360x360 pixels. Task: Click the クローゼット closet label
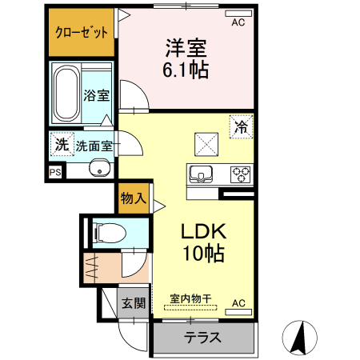pyautogui.click(x=81, y=34)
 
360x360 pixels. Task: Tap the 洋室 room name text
pyautogui.click(x=187, y=47)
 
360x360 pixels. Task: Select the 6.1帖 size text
pyautogui.click(x=187, y=71)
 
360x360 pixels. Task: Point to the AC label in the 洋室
pyautogui.click(x=238, y=22)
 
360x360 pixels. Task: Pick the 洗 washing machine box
pyautogui.click(x=62, y=145)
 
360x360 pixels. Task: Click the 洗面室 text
pyautogui.click(x=95, y=146)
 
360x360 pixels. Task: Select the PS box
pyautogui.click(x=55, y=171)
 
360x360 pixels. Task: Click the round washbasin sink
pyautogui.click(x=100, y=168)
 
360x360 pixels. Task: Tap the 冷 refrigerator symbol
pyautogui.click(x=241, y=126)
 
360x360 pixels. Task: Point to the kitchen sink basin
pyautogui.click(x=199, y=171)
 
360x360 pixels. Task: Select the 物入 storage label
pyautogui.click(x=133, y=198)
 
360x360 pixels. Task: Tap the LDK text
pyautogui.click(x=204, y=233)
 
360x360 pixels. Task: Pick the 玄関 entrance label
pyautogui.click(x=134, y=303)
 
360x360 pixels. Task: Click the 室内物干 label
pyautogui.click(x=190, y=298)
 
